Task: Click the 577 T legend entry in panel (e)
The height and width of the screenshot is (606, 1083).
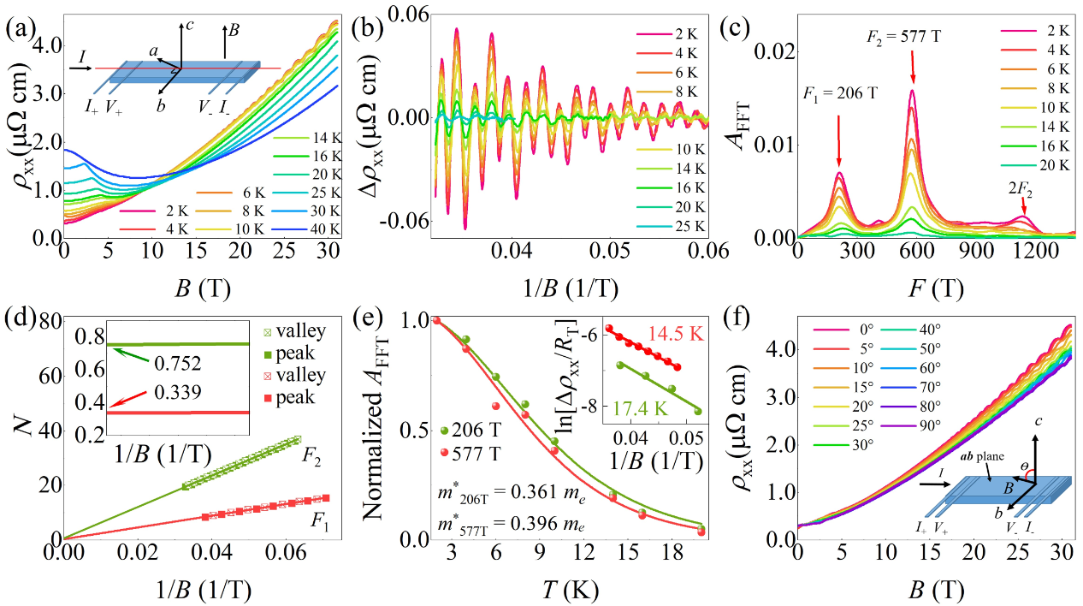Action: point(478,452)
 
